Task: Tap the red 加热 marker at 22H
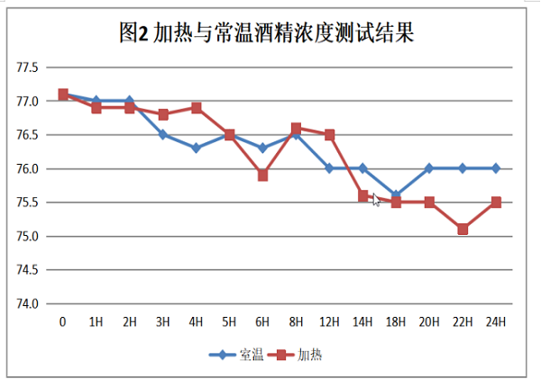463,229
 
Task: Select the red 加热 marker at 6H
262,176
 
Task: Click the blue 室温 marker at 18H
396,195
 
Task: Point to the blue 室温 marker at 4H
196,148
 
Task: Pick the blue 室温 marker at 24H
496,168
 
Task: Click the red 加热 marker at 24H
496,203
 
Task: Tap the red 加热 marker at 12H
329,135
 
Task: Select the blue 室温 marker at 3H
162,135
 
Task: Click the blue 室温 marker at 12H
329,168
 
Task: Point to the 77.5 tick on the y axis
27,68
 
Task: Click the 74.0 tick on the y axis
27,303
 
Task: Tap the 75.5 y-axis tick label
27,203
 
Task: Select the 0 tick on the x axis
62,321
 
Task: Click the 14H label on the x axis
362,321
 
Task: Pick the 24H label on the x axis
496,321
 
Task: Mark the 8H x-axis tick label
296,321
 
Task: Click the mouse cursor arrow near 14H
376,200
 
